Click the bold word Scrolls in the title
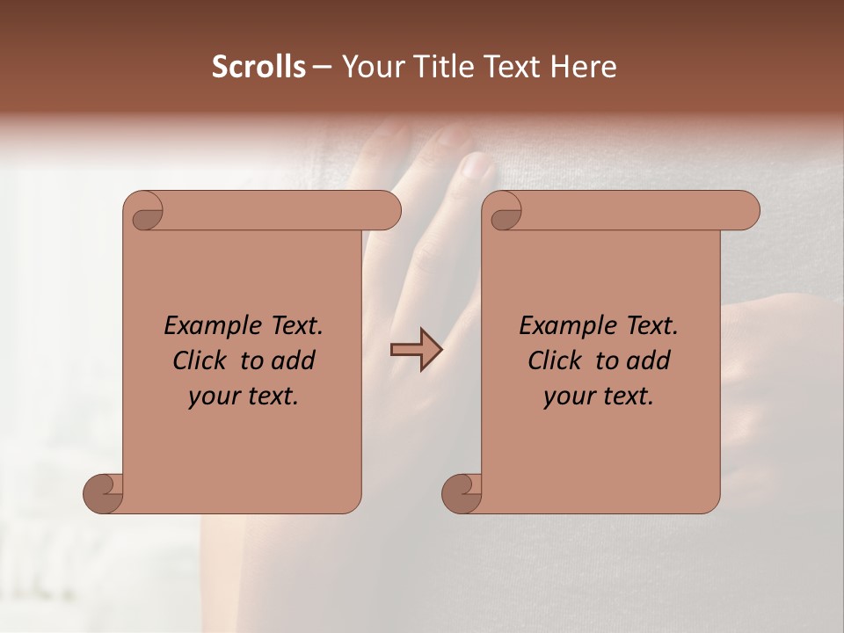point(258,66)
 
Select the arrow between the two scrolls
point(416,350)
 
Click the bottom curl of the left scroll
point(104,492)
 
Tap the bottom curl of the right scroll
point(462,492)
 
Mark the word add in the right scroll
point(649,360)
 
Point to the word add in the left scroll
point(294,360)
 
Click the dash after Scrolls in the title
point(322,68)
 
